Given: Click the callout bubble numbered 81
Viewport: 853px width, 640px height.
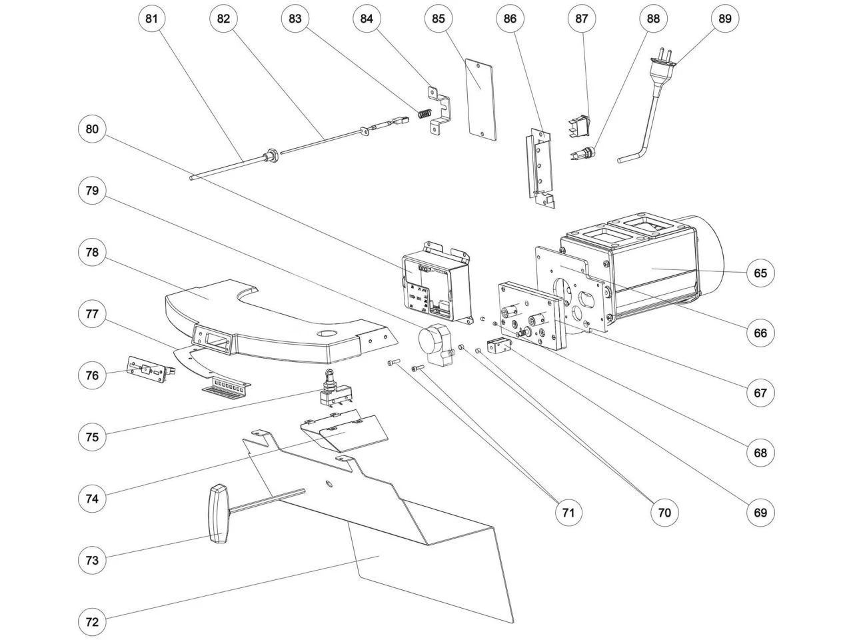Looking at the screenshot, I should point(152,19).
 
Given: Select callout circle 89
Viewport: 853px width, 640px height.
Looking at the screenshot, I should point(725,19).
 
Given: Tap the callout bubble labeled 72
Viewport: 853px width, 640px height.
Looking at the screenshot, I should point(92,621).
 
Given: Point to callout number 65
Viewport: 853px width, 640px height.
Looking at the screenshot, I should point(760,273).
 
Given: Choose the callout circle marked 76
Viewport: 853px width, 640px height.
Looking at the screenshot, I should point(92,375).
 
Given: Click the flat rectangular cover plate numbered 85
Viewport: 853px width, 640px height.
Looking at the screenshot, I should point(480,100).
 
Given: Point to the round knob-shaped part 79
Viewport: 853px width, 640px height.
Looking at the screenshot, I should point(433,342).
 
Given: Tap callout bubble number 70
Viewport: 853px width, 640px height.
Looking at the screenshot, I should point(664,512).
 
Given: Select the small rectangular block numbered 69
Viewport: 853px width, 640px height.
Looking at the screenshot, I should point(496,347).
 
